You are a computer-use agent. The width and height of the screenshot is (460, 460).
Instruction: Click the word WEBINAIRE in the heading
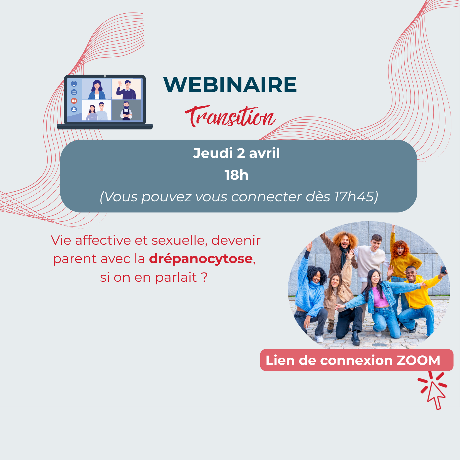pyautogui.click(x=230, y=85)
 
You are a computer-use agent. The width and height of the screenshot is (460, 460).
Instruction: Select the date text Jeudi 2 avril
pyautogui.click(x=236, y=153)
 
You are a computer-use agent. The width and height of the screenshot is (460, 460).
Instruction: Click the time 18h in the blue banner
pyautogui.click(x=236, y=175)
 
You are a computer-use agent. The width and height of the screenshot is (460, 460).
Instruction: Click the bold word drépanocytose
pyautogui.click(x=201, y=259)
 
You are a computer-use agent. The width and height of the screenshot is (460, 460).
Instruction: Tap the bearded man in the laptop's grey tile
pyautogui.click(x=126, y=110)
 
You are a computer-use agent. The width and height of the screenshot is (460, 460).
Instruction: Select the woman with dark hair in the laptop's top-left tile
pyautogui.click(x=97, y=90)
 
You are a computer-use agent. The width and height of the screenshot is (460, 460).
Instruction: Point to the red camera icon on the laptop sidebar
pyautogui.click(x=74, y=101)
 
